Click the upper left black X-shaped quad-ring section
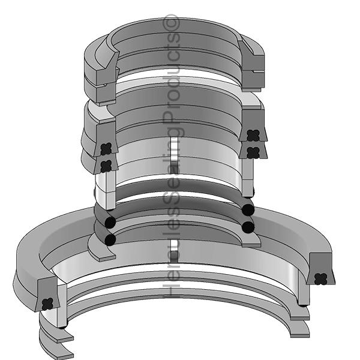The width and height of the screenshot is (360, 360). (x=107, y=148)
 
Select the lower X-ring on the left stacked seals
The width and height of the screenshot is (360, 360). (x=107, y=164)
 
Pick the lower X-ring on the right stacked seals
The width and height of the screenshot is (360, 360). (x=253, y=151)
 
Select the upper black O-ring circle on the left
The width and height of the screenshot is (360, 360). (x=110, y=223)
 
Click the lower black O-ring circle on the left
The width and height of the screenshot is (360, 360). (x=110, y=239)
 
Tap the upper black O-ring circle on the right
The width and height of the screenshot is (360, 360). (x=247, y=210)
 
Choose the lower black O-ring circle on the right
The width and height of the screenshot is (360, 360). (x=247, y=226)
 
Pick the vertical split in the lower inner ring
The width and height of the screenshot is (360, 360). (x=173, y=249)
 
